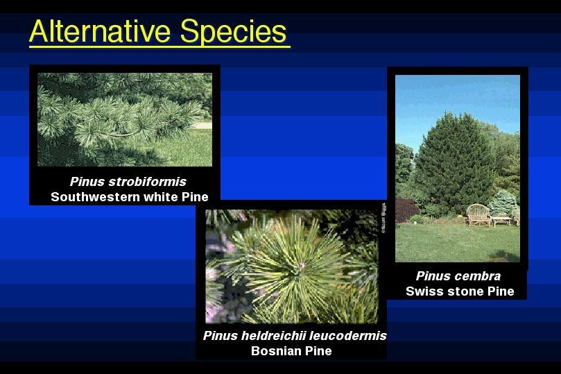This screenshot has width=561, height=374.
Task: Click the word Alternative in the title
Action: point(100,31)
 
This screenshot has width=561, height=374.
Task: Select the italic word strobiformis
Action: point(148,182)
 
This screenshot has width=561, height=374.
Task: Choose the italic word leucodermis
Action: point(347,336)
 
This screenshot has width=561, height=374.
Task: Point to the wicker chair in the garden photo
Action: point(478,215)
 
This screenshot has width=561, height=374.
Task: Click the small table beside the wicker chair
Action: point(501,221)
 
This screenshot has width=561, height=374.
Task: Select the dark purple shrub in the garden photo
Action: point(406,210)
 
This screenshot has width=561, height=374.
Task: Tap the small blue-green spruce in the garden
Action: point(503,203)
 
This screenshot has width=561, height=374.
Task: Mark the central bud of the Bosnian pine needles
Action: point(301,266)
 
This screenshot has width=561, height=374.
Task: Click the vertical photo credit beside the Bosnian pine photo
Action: point(383,218)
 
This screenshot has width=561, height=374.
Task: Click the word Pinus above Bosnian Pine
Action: point(220,336)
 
